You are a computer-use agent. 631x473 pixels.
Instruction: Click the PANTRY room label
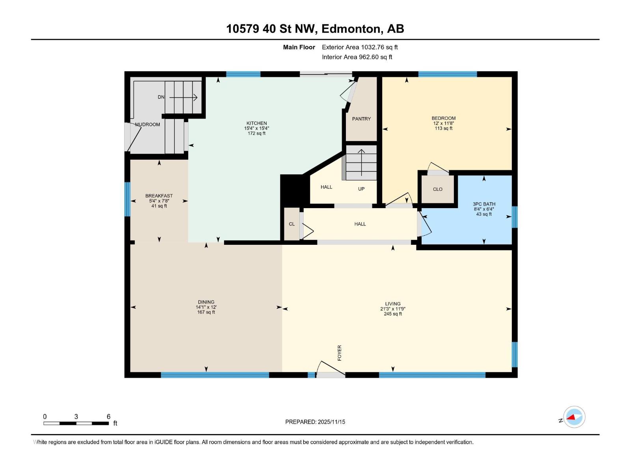361,119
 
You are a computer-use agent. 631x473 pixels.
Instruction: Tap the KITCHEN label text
257,123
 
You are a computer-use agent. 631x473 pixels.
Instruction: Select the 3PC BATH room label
484,204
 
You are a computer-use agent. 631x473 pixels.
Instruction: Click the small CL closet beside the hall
292,224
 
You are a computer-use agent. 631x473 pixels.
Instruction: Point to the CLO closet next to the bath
438,189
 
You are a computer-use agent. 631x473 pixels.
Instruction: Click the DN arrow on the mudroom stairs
183,97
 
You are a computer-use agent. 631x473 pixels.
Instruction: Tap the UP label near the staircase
361,189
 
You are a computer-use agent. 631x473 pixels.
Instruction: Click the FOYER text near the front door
340,353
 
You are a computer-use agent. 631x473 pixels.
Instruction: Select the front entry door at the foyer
331,374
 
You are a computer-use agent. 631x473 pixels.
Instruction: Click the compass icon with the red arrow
574,417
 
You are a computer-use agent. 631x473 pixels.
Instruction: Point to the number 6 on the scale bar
108,417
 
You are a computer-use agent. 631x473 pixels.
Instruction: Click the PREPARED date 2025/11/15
331,422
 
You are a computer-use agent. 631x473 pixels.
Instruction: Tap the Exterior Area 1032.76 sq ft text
360,47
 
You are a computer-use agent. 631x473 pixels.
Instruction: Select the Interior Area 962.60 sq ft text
357,57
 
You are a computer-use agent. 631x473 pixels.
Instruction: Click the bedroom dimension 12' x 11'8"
444,123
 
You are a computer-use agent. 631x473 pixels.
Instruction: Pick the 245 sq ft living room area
393,314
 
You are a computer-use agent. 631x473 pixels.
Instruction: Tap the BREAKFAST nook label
159,196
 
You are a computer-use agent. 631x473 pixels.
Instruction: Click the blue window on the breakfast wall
127,199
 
